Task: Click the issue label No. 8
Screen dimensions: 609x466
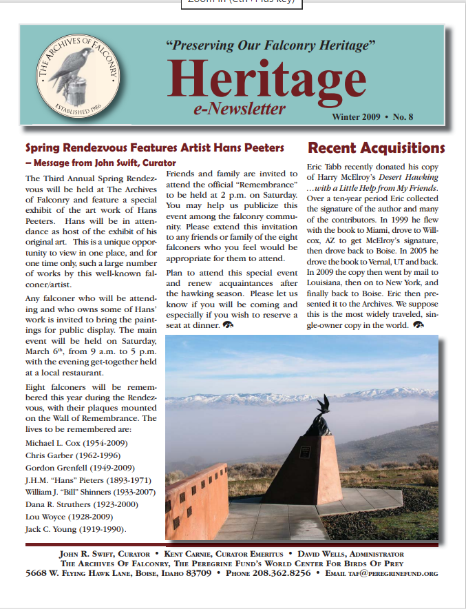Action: pyautogui.click(x=420, y=116)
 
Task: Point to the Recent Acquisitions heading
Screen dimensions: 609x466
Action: pyautogui.click(x=376, y=148)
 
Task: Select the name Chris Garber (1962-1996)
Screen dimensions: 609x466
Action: pyautogui.click(x=73, y=455)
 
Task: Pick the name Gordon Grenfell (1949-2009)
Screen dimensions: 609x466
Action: pyautogui.click(x=81, y=467)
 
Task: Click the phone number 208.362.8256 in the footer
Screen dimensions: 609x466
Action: pyautogui.click(x=282, y=573)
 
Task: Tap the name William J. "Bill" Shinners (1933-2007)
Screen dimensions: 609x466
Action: pyautogui.click(x=90, y=492)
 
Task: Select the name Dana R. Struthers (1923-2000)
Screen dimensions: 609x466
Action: pyautogui.click(x=83, y=504)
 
